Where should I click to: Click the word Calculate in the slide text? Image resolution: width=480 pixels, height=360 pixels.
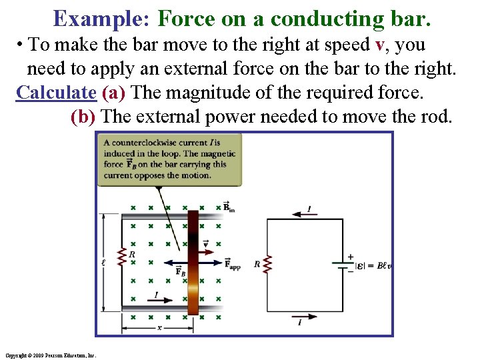pos(56,92)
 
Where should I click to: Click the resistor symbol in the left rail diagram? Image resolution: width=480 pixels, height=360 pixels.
pos(121,257)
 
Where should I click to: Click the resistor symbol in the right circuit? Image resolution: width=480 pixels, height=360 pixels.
pos(268,264)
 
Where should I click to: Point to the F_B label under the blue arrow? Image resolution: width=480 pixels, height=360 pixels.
pos(180,271)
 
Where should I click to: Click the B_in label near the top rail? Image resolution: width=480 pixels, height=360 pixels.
pos(229,208)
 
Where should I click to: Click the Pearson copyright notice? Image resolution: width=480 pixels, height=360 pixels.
pos(49,355)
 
